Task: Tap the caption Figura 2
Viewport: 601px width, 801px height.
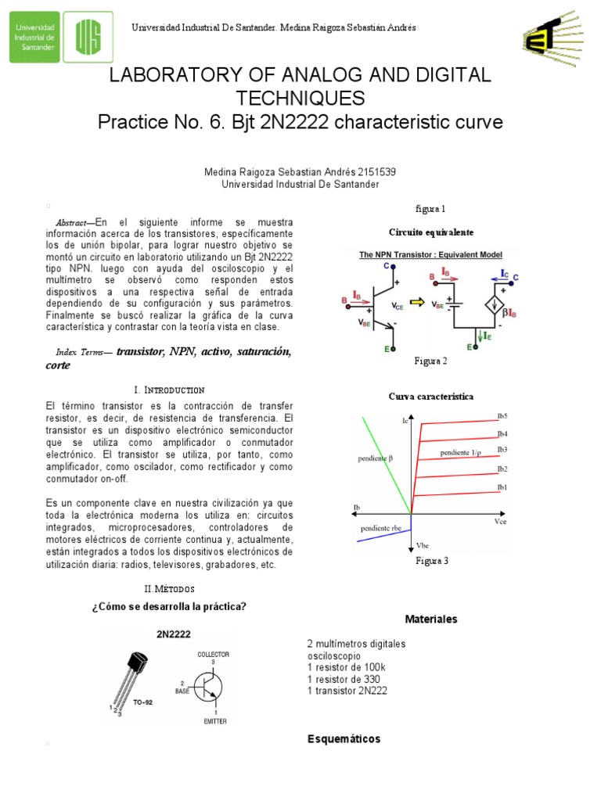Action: [430, 361]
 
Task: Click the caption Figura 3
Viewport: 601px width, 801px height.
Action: [431, 561]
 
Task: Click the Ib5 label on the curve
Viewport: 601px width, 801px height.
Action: [502, 415]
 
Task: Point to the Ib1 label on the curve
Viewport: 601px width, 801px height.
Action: [502, 487]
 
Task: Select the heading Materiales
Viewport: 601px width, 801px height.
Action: [430, 620]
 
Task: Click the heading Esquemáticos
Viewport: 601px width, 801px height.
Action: [344, 739]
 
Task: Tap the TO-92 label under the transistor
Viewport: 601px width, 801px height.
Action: [142, 702]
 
